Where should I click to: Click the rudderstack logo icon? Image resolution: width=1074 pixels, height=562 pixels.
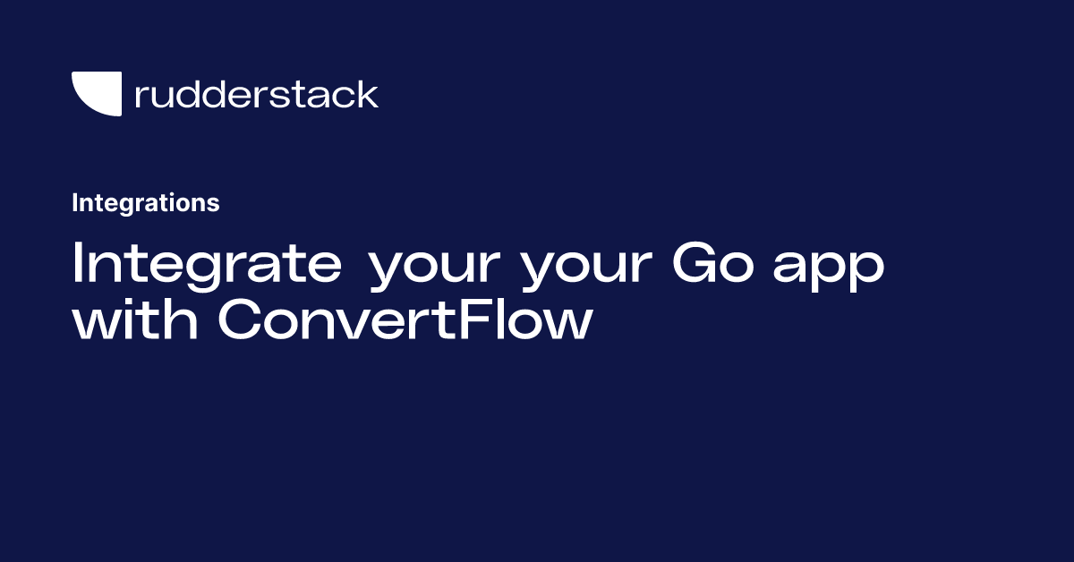coord(96,94)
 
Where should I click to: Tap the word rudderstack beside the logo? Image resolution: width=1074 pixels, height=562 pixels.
coord(256,94)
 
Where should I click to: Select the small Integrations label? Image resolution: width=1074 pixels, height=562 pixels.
coord(145,203)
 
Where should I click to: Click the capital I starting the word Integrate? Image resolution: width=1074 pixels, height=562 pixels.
coord(78,265)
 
